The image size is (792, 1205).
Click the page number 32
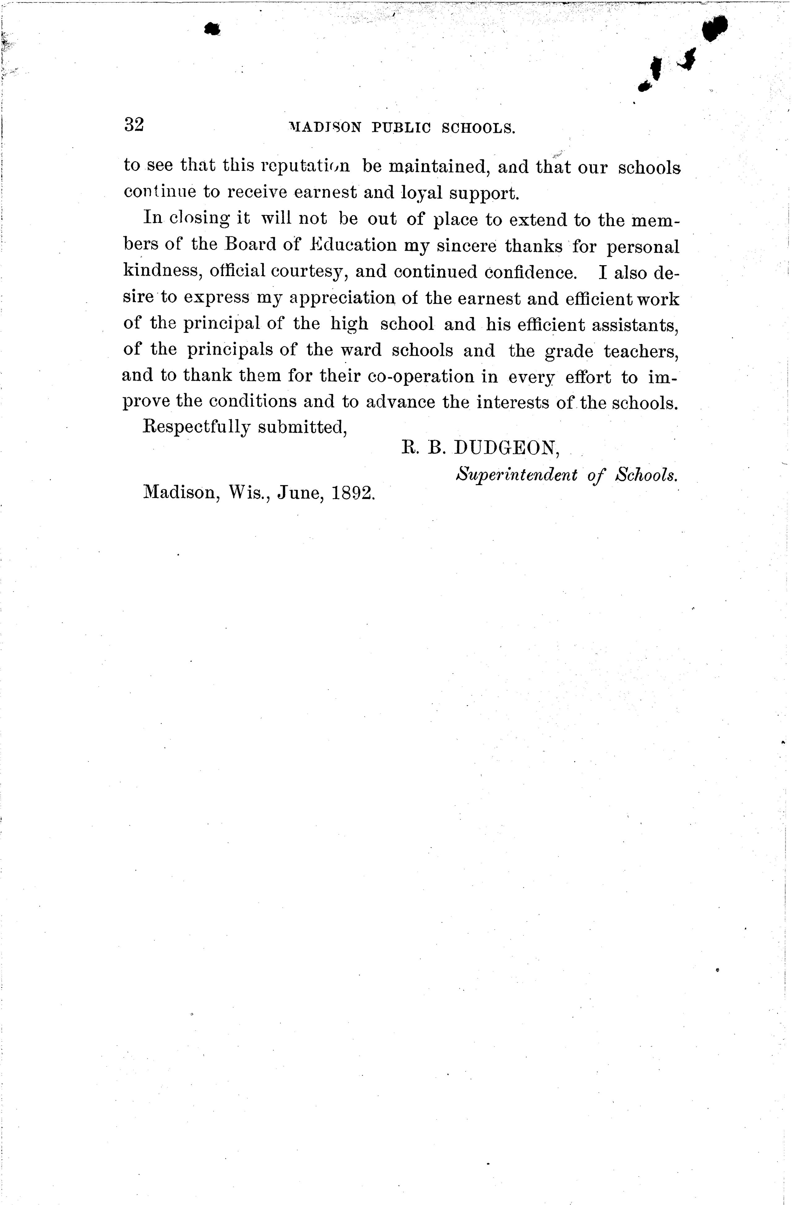click(134, 124)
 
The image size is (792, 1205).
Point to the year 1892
click(353, 492)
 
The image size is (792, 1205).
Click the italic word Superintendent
click(516, 475)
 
